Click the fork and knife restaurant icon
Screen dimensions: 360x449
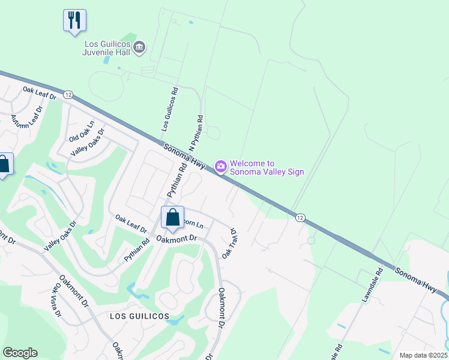point(74,20)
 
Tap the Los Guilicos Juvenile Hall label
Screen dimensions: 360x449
point(107,48)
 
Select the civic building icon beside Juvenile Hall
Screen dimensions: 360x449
point(139,47)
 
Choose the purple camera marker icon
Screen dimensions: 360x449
point(220,166)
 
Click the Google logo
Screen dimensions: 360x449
point(20,353)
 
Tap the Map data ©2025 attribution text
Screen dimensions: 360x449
point(424,355)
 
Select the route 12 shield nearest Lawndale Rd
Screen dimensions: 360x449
point(299,217)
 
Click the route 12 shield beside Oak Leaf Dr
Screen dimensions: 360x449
point(68,95)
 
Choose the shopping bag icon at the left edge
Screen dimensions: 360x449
point(4,165)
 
